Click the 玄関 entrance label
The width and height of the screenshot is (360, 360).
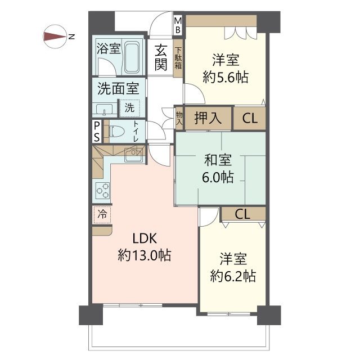[161, 57]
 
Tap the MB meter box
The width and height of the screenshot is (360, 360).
[178, 25]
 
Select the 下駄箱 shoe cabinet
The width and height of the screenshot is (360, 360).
[178, 58]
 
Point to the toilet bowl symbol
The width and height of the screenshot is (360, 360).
[117, 132]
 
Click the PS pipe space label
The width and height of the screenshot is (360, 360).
[97, 132]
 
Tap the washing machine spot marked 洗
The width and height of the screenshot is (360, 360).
[129, 107]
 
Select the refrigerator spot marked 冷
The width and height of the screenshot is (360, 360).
[102, 215]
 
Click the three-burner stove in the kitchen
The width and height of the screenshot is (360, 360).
[102, 191]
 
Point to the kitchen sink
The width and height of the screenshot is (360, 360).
[133, 155]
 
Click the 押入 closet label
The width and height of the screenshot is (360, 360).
[208, 118]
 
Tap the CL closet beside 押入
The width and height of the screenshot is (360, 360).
[250, 119]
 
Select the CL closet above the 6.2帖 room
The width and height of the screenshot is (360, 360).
[242, 214]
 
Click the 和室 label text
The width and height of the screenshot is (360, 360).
[218, 160]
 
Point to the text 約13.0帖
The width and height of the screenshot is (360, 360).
[145, 255]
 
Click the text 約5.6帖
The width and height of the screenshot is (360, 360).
[226, 77]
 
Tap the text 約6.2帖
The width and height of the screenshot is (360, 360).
[233, 276]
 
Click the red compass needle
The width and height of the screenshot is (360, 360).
[55, 37]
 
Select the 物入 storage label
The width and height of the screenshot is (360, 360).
[179, 118]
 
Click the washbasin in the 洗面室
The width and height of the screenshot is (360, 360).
[104, 109]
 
